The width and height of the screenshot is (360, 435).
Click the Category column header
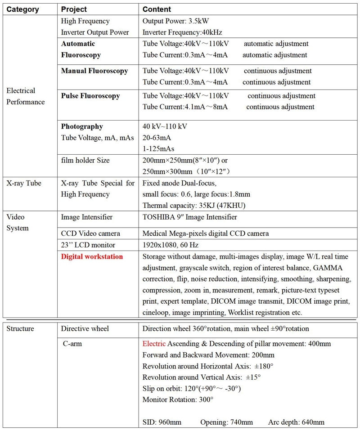[22, 9]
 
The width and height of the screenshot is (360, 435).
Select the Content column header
[157, 9]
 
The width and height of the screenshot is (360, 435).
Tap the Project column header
[74, 9]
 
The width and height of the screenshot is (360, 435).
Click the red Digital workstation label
[92, 257]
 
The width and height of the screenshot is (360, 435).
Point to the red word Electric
[154, 344]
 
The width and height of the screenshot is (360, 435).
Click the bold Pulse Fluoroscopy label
[90, 96]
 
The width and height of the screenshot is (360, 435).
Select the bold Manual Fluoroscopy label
[94, 71]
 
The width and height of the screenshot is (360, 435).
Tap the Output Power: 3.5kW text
[175, 21]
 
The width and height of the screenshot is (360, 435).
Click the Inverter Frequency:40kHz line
[182, 32]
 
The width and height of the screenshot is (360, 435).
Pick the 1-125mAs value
[158, 148]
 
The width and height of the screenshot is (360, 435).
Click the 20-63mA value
[157, 138]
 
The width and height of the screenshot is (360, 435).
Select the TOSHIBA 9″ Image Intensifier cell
[189, 217]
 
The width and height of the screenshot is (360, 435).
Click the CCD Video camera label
[90, 233]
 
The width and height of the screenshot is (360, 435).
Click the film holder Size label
[85, 160]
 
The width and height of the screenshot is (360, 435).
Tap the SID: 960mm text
[162, 422]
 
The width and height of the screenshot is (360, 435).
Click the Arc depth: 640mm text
[296, 422]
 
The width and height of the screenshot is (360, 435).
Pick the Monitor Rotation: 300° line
[178, 399]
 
